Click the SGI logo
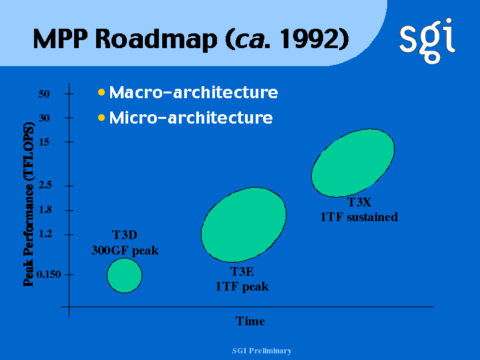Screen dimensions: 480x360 pyautogui.click(x=427, y=41)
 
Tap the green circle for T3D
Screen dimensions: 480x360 pyautogui.click(x=125, y=275)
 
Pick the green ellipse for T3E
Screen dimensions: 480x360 pyautogui.click(x=244, y=224)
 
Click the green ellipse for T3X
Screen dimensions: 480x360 pyautogui.click(x=352, y=163)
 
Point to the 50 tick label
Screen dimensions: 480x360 pyautogui.click(x=44, y=94)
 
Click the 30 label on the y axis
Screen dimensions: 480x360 pyautogui.click(x=44, y=118)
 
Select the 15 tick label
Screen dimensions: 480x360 pyautogui.click(x=44, y=142)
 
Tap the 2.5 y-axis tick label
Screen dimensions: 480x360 pyautogui.click(x=45, y=185)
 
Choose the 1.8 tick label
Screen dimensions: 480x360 pyautogui.click(x=45, y=210)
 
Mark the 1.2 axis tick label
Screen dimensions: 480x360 pyautogui.click(x=45, y=234)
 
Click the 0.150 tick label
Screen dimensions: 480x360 pyautogui.click(x=49, y=275)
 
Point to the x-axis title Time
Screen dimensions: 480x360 pyautogui.click(x=250, y=321)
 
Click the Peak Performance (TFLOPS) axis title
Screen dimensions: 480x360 pyautogui.click(x=29, y=204)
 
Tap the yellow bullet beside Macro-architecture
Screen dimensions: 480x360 pyautogui.click(x=101, y=92)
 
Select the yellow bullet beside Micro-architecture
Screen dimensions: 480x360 pyautogui.click(x=101, y=118)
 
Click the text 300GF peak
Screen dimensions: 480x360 pyautogui.click(x=125, y=250)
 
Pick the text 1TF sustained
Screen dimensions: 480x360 pyautogui.click(x=359, y=217)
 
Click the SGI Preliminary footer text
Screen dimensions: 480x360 pyautogui.click(x=262, y=351)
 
